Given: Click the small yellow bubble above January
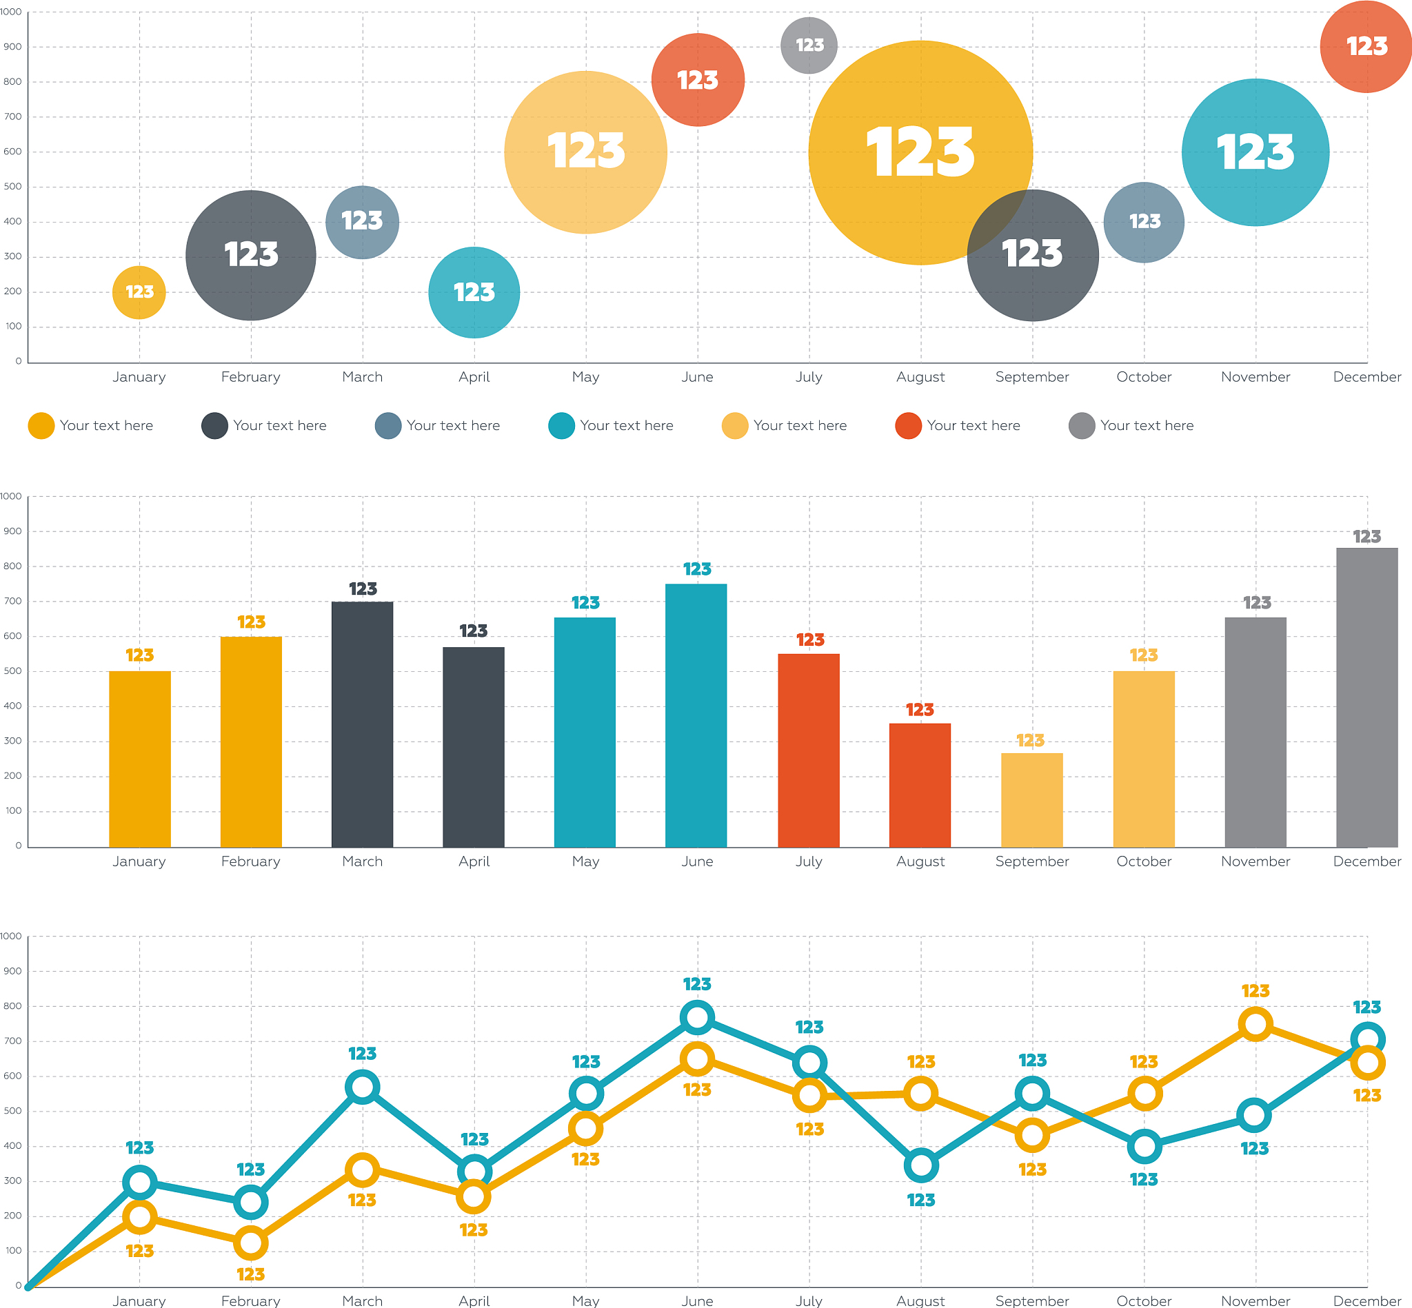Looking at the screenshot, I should [x=139, y=292].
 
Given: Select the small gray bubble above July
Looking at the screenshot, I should [x=809, y=45].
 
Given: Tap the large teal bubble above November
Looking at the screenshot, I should [x=1255, y=152].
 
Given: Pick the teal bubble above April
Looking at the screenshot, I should [x=474, y=292].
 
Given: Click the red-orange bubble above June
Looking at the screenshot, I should [x=698, y=80].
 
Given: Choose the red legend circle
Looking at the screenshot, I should [x=908, y=425].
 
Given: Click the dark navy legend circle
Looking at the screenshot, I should [x=214, y=425].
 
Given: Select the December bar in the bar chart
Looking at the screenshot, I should [x=1366, y=697].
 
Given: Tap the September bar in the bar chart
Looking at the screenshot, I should [x=1031, y=800].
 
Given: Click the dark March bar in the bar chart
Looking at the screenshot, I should [x=363, y=724].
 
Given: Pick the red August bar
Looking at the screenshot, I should [x=920, y=785].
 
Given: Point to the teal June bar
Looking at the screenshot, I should [x=696, y=715].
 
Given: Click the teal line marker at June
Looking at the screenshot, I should [x=698, y=1018].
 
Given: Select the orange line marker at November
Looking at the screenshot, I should [x=1255, y=1024].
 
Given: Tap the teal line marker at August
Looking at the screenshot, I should [x=921, y=1165].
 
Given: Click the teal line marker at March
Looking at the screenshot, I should [x=363, y=1087].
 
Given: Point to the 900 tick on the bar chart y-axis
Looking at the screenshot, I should [x=12, y=531].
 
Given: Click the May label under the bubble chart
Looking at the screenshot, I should [x=585, y=376].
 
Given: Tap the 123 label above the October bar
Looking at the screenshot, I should [x=1144, y=655].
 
